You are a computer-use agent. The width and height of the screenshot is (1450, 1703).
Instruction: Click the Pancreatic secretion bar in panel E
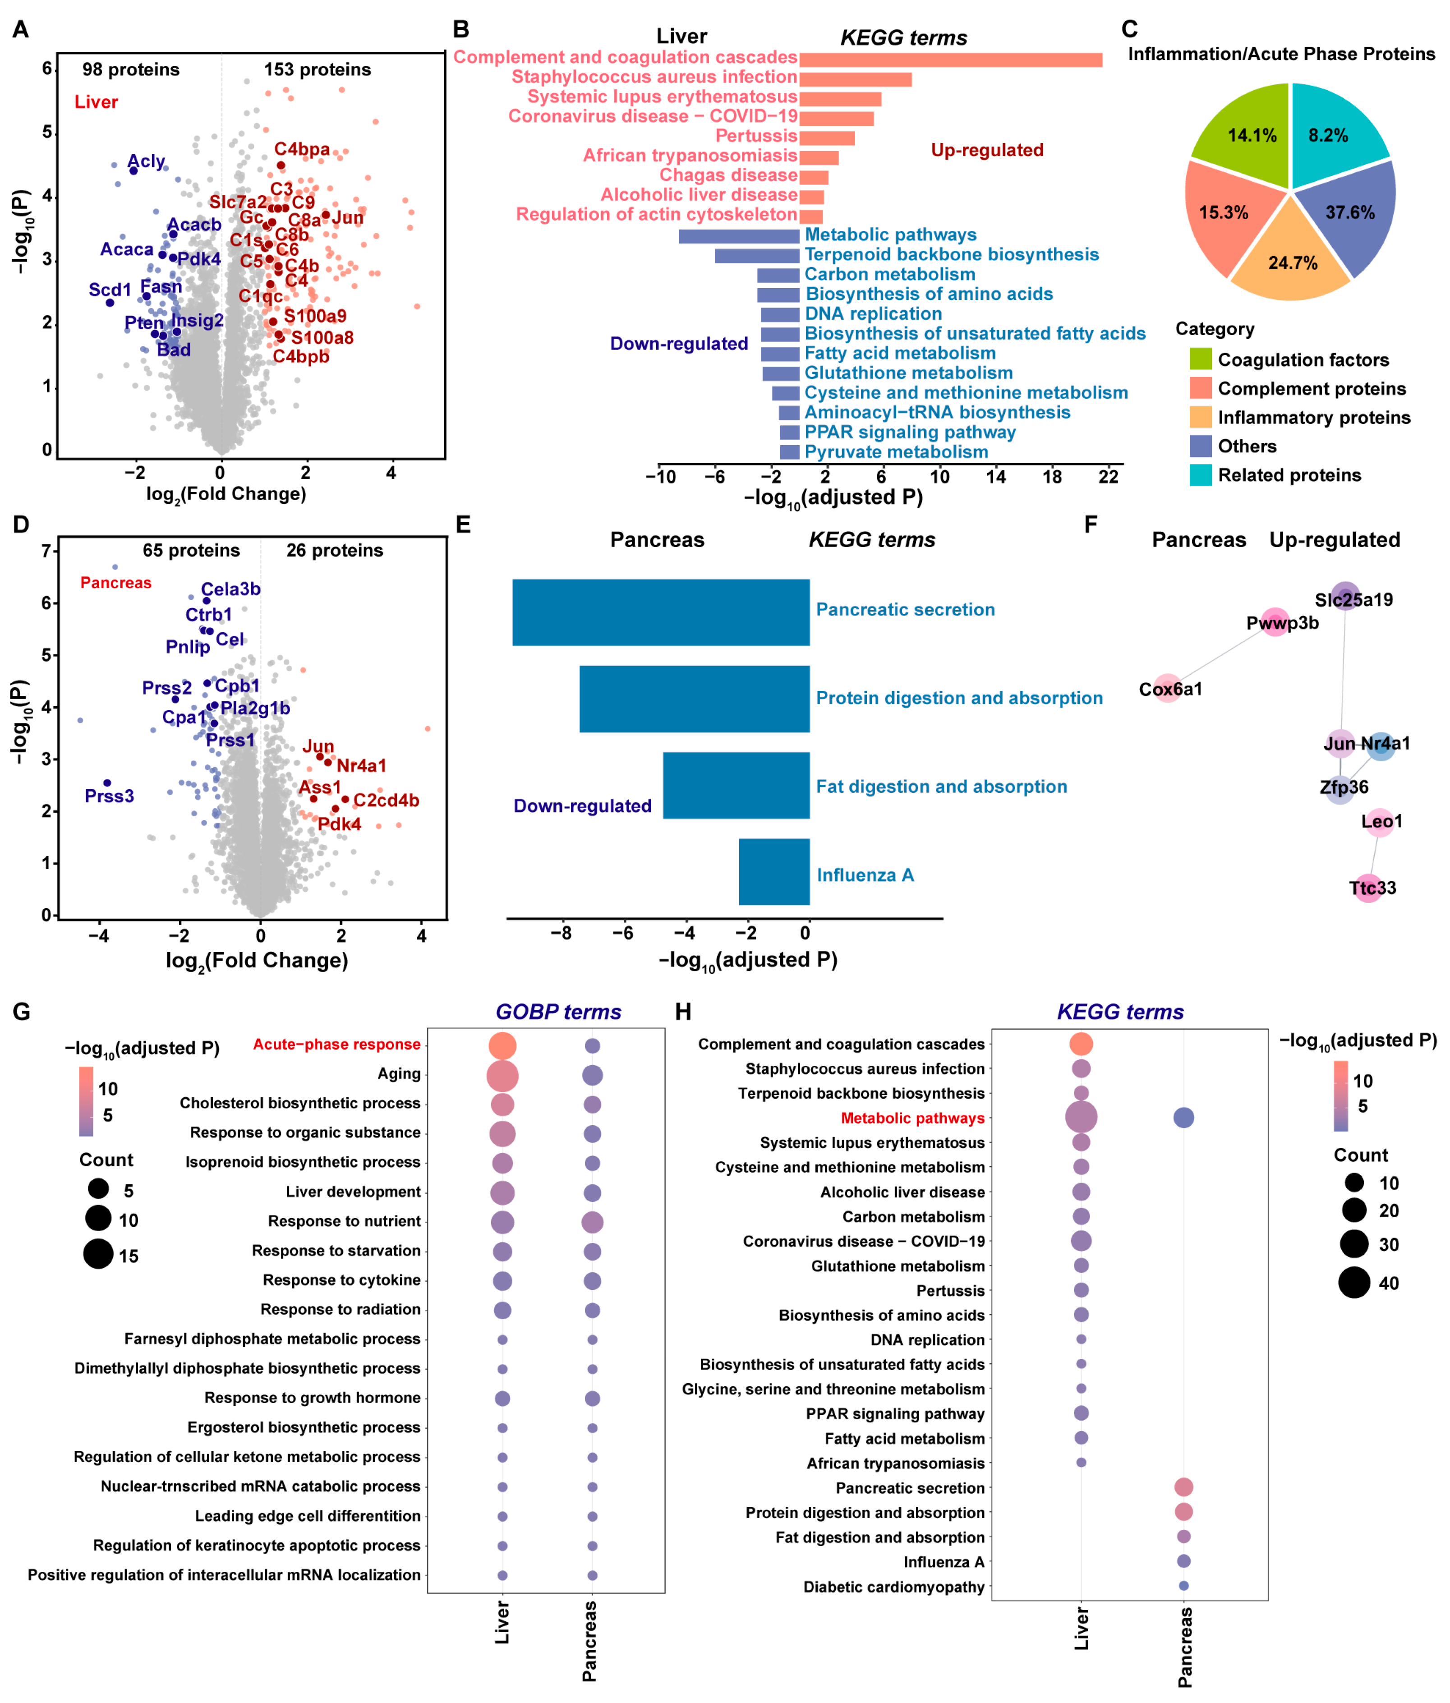tap(661, 612)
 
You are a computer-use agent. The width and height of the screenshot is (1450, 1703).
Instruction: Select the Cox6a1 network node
tap(1168, 689)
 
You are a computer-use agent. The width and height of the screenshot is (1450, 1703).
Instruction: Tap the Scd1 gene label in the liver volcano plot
tap(110, 290)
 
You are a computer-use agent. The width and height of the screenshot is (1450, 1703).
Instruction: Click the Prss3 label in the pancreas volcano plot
tap(109, 796)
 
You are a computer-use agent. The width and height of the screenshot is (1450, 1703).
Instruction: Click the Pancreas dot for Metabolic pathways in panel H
tap(1183, 1118)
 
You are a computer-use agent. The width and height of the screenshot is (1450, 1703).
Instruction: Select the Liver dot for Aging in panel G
tap(502, 1075)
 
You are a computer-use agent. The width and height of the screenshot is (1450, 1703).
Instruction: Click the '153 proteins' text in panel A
tap(318, 70)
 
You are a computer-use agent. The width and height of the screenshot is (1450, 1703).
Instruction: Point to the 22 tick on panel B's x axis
tap(1109, 477)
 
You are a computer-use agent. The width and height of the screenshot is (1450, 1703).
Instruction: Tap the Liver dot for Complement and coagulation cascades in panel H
tap(1081, 1044)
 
